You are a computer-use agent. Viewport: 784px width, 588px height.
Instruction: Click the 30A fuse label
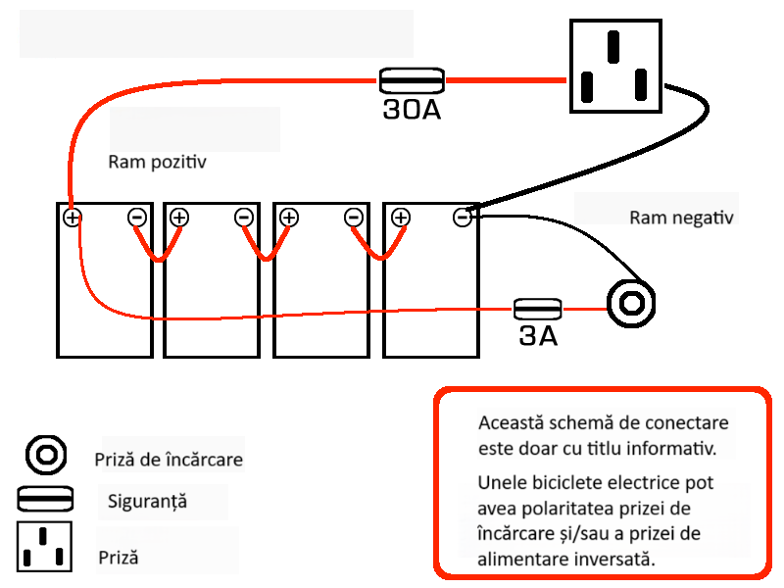(412, 110)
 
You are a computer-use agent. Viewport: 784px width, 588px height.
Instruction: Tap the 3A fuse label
(537, 337)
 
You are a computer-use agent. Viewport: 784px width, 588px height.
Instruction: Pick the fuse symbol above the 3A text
(538, 310)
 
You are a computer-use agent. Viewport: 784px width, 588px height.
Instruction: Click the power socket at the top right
(612, 68)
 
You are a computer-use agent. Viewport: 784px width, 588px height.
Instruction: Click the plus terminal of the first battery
(72, 217)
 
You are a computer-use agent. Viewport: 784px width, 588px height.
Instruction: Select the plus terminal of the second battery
(179, 217)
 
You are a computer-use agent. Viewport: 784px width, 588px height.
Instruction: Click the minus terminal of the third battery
(353, 217)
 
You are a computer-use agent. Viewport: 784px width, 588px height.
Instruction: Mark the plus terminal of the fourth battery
(399, 217)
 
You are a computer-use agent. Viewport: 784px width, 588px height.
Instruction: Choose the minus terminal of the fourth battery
(463, 217)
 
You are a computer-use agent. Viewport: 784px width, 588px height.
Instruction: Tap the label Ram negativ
(681, 217)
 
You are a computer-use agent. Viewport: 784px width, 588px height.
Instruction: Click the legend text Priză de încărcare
(169, 459)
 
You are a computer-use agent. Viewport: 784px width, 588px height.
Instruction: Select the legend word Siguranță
(147, 502)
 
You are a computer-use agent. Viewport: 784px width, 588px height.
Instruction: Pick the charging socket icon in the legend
(45, 456)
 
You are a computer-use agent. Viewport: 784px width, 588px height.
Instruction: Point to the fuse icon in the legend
(45, 498)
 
